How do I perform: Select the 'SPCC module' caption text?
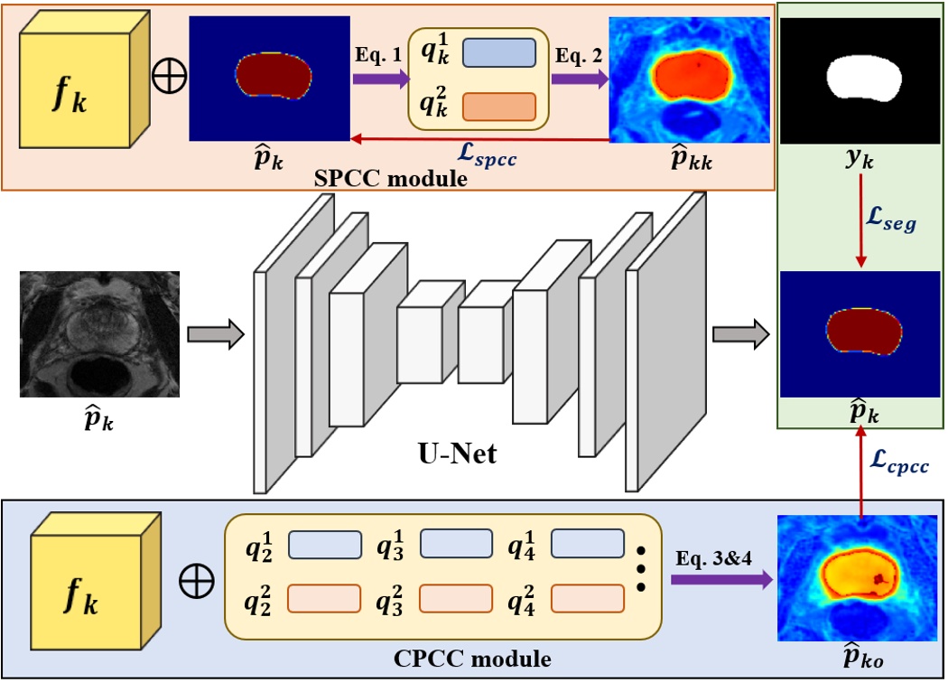[392, 178]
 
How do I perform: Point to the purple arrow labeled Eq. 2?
[579, 79]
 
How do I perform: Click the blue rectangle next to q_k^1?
[499, 53]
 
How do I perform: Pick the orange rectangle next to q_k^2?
[499, 107]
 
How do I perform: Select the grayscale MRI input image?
[99, 334]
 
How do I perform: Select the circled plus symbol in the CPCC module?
[196, 583]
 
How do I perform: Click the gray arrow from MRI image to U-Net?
[216, 334]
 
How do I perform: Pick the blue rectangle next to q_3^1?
[456, 545]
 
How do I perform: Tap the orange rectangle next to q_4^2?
[587, 598]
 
